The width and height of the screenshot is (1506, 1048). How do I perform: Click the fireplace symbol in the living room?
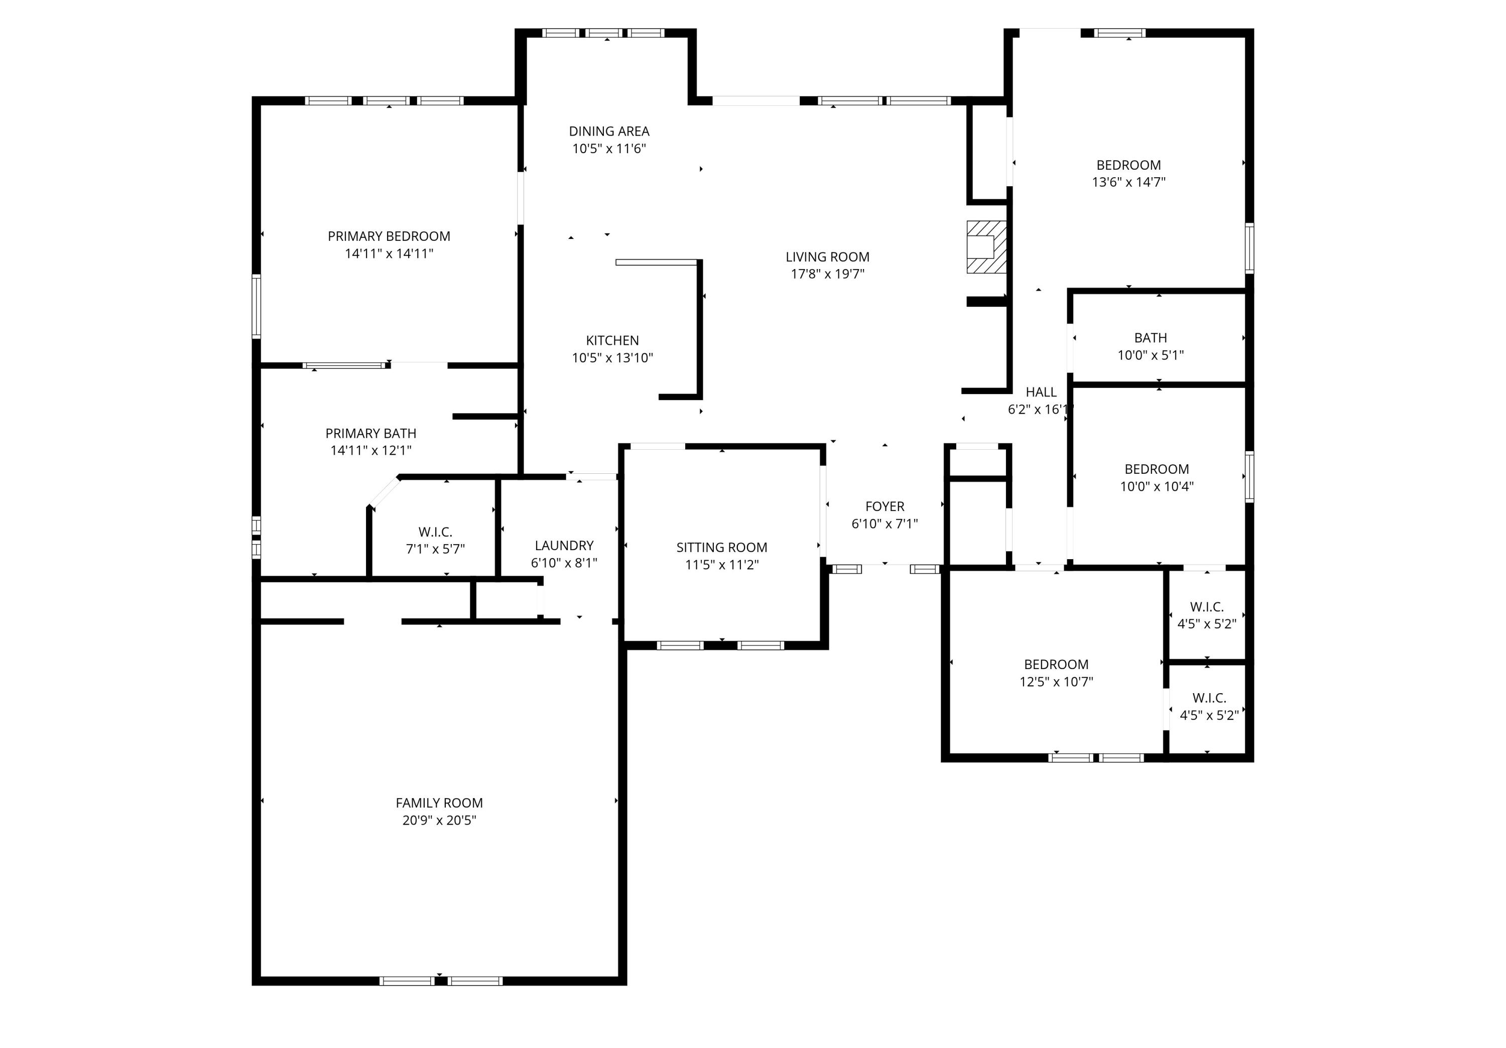click(986, 246)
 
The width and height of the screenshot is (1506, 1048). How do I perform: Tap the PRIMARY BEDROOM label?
click(389, 236)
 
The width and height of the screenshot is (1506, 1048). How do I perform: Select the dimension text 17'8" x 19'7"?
click(827, 274)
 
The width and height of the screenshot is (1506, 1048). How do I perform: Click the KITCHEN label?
click(612, 340)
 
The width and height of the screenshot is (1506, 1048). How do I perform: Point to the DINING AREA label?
click(609, 131)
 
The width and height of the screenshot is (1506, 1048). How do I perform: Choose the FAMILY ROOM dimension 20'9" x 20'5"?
click(439, 820)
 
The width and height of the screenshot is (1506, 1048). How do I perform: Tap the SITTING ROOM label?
click(721, 547)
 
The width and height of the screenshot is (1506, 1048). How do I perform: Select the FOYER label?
click(884, 506)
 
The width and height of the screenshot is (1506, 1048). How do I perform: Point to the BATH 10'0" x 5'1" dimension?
click(1150, 355)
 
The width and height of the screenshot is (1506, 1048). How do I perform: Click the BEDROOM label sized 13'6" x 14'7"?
click(1128, 165)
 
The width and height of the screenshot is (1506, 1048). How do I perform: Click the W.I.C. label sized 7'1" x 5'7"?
click(435, 532)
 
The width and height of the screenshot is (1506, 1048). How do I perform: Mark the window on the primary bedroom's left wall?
click(257, 306)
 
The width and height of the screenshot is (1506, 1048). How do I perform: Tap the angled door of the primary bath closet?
click(384, 492)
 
